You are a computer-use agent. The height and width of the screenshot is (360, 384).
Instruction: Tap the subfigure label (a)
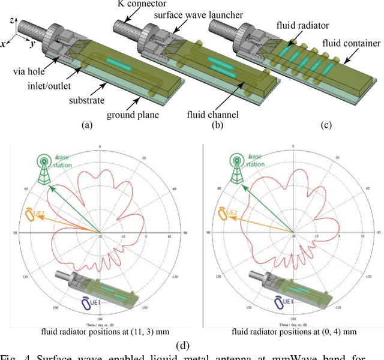pyautogui.click(x=88, y=125)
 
